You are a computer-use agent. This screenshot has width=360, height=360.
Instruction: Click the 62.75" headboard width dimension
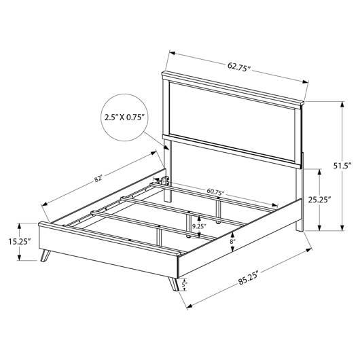tap(239, 67)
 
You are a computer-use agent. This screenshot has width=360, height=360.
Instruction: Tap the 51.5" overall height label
tap(342, 166)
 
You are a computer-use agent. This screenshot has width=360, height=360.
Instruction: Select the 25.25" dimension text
tap(319, 200)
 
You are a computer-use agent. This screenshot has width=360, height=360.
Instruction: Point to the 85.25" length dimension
tap(249, 278)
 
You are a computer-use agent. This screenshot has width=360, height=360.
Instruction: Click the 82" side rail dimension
tap(98, 179)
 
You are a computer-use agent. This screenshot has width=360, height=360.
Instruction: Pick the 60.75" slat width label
tap(215, 192)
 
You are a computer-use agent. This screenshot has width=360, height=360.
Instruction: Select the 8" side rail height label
tap(233, 242)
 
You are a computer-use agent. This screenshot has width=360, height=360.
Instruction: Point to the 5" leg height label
tap(183, 284)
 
